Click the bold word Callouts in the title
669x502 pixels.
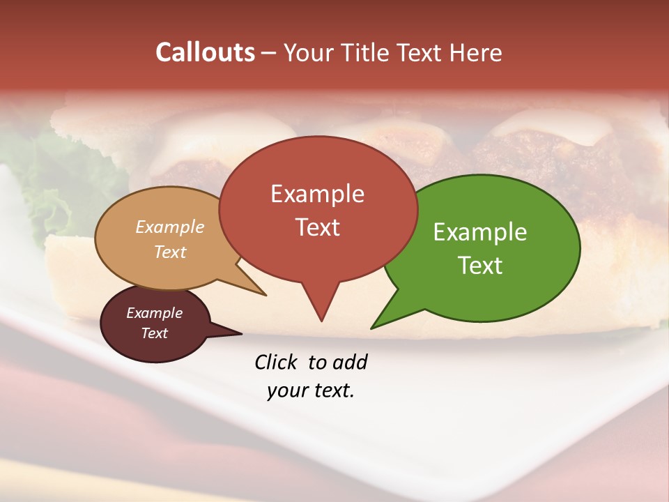[205, 52]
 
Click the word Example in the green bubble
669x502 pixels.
[480, 232]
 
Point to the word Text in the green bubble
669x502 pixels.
[480, 265]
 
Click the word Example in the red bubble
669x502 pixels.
[317, 194]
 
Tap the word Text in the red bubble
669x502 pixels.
[317, 227]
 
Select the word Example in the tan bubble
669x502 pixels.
[170, 227]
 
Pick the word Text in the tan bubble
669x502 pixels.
[170, 252]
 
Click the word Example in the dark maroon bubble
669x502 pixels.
[155, 313]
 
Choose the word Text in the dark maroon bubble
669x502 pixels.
[155, 333]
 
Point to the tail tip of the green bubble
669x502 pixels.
[372, 328]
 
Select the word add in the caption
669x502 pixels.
[350, 363]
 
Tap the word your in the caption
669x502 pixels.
[287, 390]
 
